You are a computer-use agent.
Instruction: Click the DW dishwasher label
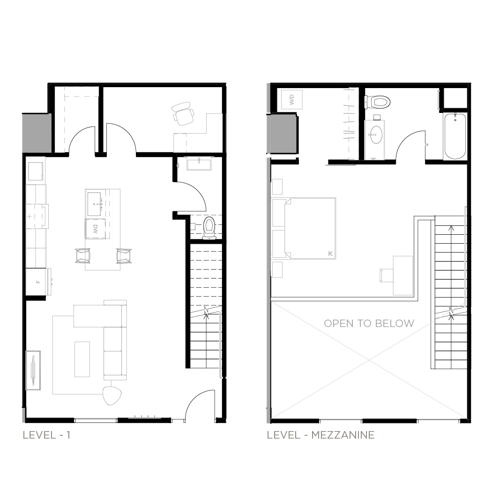coord(96,229)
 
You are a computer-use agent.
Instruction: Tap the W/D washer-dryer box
coord(292,99)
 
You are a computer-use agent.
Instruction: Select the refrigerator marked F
coord(38,282)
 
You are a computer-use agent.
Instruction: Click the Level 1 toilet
coord(209,228)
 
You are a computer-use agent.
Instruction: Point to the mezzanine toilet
coord(378,102)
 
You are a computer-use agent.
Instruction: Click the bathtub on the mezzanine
coord(455,136)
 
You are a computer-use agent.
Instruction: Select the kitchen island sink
coord(94,204)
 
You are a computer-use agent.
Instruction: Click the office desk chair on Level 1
coord(183,113)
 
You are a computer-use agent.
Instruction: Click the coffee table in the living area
coord(82,359)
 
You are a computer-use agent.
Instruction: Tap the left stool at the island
coord(82,255)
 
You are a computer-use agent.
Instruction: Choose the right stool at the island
coord(124,256)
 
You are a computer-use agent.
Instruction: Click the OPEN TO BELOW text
coord(369,323)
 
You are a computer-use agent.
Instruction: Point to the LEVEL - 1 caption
coord(46,435)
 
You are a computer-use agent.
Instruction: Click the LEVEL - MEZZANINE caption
coord(321,435)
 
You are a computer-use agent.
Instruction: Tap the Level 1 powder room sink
coord(199,164)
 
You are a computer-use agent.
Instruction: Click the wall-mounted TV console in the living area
coord(33,370)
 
